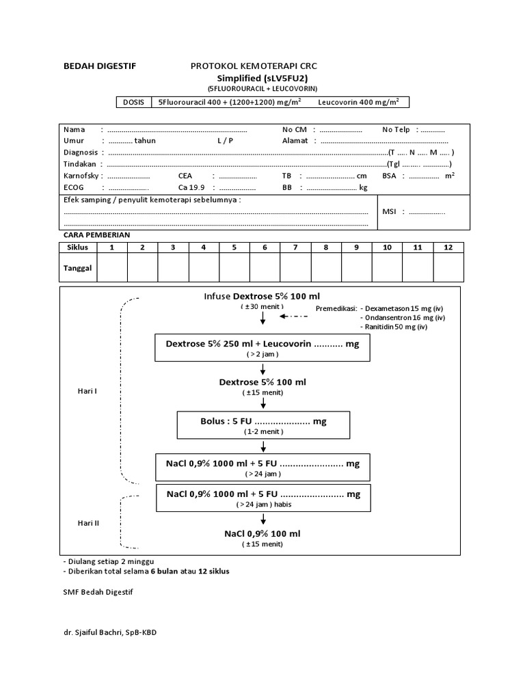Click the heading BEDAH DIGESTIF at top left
click(99, 66)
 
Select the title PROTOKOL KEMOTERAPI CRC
click(253, 66)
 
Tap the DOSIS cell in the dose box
click(133, 103)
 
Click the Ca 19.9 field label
click(191, 187)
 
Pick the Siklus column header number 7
click(295, 247)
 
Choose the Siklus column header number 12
click(448, 247)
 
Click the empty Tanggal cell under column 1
click(112, 268)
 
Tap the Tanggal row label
click(77, 268)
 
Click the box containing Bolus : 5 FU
click(263, 425)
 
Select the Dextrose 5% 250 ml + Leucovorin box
click(262, 348)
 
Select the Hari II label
click(88, 523)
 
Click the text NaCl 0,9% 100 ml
click(262, 533)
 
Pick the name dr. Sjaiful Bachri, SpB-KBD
click(109, 632)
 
